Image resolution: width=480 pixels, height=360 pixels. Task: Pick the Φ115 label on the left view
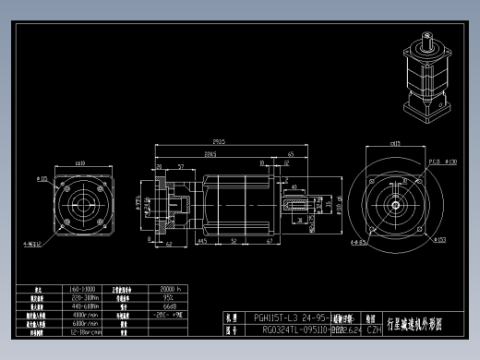[42, 178]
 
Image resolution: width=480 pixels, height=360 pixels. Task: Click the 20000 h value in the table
[174, 290]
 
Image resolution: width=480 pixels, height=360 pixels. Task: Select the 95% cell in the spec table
[170, 298]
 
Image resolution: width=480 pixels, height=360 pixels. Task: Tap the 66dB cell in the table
[170, 306]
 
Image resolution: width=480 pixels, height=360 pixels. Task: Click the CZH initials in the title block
[374, 329]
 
